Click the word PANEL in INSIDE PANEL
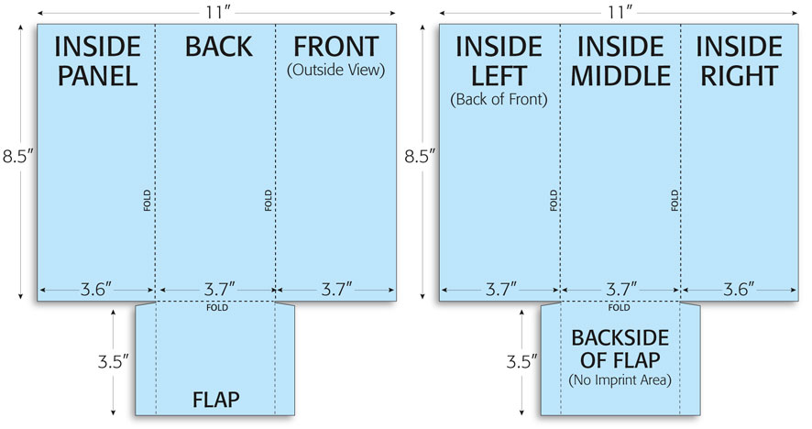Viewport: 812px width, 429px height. [x=97, y=76]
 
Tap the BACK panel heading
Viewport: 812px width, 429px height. [x=218, y=47]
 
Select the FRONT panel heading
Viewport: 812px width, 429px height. [x=336, y=47]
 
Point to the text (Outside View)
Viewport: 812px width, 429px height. [x=336, y=70]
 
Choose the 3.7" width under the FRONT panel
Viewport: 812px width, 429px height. [x=336, y=289]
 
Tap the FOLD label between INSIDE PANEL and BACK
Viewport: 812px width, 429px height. [x=147, y=201]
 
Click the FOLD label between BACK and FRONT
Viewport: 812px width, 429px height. [x=269, y=201]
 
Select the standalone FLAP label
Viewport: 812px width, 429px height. [x=216, y=400]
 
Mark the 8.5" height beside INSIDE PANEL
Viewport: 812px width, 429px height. [x=18, y=156]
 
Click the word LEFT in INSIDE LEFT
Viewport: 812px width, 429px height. [x=499, y=76]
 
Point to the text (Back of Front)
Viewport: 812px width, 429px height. [x=499, y=99]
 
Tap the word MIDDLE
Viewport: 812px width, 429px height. [x=620, y=76]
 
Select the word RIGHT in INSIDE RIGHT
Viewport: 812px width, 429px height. [x=739, y=76]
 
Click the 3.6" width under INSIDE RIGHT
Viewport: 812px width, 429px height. [x=739, y=289]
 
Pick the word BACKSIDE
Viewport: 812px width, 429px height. [x=620, y=338]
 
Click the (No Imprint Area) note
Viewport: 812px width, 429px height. [x=620, y=380]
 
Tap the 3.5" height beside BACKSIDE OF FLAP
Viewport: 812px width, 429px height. [x=521, y=362]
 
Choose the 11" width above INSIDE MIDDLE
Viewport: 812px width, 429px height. [x=617, y=12]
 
